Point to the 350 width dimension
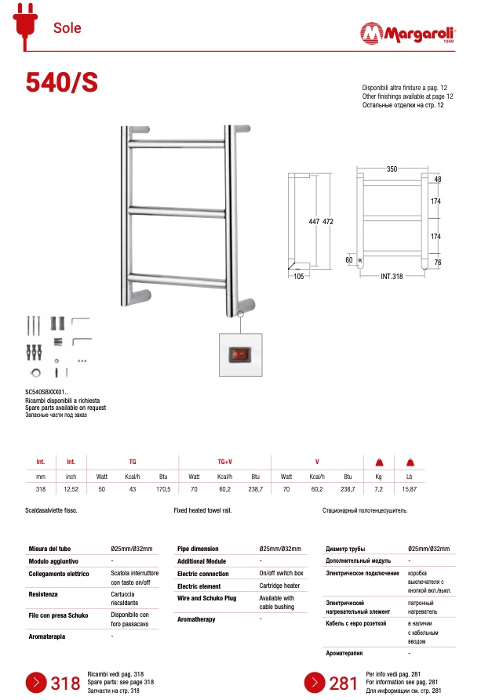(392, 169)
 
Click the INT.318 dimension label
(392, 276)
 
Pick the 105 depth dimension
(299, 276)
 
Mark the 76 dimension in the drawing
(438, 263)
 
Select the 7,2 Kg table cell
(377, 489)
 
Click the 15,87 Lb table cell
(409, 489)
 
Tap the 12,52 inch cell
(71, 489)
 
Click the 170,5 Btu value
(163, 489)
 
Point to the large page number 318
(65, 684)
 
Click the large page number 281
(344, 684)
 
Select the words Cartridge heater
(280, 586)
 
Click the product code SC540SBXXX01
(46, 391)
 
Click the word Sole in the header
(67, 28)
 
